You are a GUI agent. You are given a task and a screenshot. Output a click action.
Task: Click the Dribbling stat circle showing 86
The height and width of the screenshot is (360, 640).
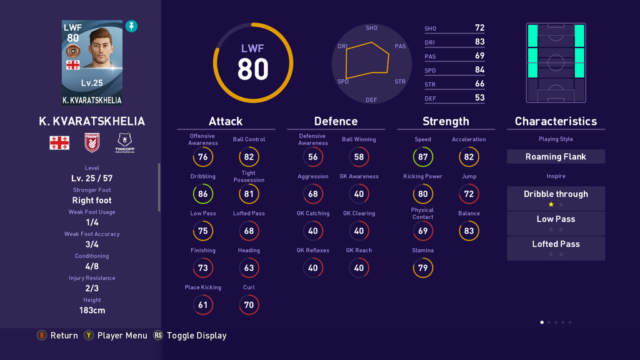(x=202, y=194)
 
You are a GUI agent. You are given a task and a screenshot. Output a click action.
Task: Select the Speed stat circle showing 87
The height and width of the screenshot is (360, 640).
(x=422, y=157)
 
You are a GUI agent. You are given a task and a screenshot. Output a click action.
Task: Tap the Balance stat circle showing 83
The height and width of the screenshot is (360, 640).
(x=469, y=231)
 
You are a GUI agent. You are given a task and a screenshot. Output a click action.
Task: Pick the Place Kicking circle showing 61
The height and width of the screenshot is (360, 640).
(x=202, y=305)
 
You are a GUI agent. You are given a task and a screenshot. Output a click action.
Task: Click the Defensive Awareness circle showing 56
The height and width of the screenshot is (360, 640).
(x=312, y=157)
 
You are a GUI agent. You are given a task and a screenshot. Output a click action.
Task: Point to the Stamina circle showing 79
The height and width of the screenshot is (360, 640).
(x=422, y=267)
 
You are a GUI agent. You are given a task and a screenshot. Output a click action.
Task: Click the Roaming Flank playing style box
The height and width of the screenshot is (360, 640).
(x=556, y=157)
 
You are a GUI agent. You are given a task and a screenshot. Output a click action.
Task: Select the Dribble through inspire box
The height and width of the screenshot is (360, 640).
(x=556, y=194)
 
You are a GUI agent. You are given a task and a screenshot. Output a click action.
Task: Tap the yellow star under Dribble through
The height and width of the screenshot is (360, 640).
(x=551, y=204)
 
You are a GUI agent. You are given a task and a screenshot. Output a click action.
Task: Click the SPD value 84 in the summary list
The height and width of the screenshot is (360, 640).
(x=479, y=70)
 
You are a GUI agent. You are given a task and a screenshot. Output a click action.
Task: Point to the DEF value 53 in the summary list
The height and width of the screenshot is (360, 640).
(x=479, y=97)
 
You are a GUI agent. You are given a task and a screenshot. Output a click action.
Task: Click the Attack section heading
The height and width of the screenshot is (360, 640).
(x=226, y=121)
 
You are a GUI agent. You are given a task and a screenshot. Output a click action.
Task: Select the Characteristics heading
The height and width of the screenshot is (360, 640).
(x=556, y=121)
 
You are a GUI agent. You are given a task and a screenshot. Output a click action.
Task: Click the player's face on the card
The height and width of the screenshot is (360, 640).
(x=100, y=48)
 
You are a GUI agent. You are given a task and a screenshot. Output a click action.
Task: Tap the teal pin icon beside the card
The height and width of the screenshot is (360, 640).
(x=131, y=26)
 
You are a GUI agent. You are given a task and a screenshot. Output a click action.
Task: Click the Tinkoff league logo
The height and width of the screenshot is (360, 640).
(x=125, y=142)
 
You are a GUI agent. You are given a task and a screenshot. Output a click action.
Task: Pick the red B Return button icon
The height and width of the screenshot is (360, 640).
(x=42, y=336)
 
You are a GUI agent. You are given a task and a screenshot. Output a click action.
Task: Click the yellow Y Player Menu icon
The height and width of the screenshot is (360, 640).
(x=89, y=336)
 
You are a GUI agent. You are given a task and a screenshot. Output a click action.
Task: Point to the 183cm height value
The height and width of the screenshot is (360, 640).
(x=92, y=310)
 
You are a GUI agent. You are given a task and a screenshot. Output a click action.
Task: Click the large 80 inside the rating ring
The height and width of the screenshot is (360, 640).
(x=252, y=69)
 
